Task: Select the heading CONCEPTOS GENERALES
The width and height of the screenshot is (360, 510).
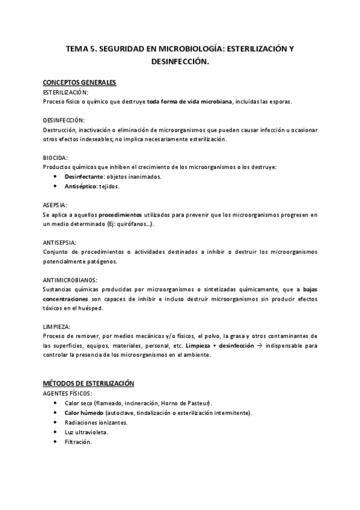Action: (x=79, y=82)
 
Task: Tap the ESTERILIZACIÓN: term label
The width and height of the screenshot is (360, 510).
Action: (x=66, y=93)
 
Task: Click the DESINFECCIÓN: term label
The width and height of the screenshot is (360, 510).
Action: (x=64, y=120)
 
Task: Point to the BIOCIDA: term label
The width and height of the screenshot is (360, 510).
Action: (x=56, y=158)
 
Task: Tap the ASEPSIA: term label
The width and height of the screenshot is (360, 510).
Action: (x=55, y=205)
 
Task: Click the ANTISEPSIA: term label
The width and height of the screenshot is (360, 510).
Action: (x=60, y=242)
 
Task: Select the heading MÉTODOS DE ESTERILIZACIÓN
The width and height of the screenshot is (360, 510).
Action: (x=88, y=383)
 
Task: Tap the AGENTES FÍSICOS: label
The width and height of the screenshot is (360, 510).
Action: (x=67, y=393)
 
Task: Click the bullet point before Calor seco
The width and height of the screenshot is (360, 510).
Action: (x=56, y=403)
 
